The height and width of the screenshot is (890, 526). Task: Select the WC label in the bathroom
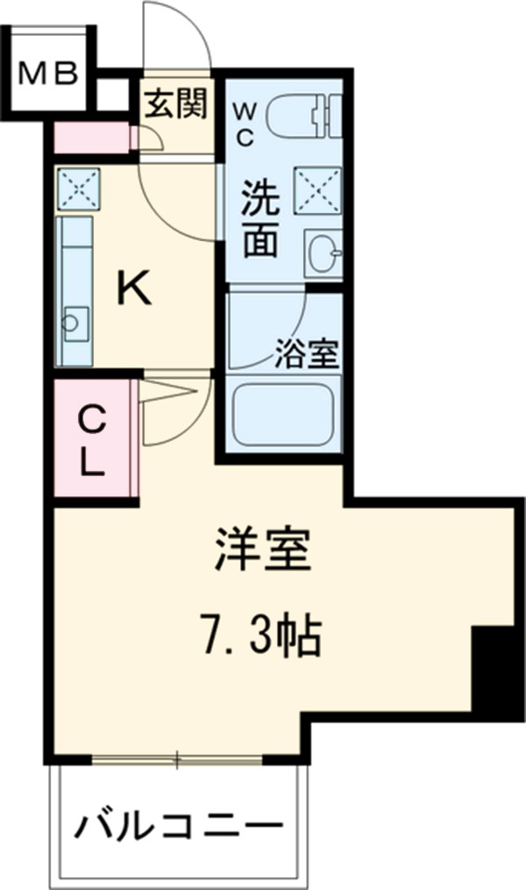coord(244,124)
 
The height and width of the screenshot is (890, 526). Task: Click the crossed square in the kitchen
coord(79,189)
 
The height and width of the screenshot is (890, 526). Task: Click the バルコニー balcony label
coord(181,826)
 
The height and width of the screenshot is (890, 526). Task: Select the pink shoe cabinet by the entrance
coord(91,139)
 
